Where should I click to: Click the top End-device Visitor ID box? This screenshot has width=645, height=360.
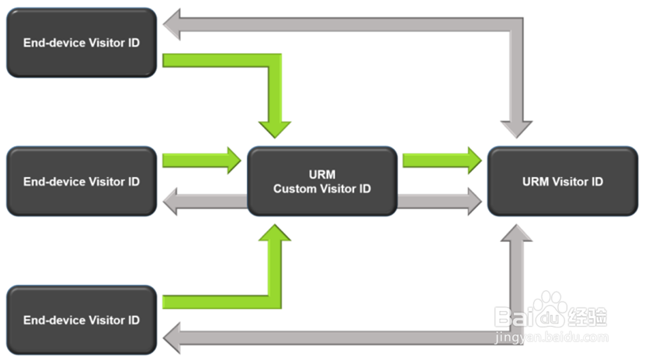pyautogui.click(x=81, y=43)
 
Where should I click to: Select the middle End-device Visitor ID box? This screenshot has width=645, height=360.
pyautogui.click(x=81, y=182)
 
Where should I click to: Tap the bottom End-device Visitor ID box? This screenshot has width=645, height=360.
pyautogui.click(x=81, y=320)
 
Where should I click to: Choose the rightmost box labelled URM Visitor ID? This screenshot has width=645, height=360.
pyautogui.click(x=562, y=182)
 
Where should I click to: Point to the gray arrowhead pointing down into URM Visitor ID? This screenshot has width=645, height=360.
pyautogui.click(x=517, y=128)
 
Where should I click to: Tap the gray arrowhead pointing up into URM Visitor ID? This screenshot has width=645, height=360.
pyautogui.click(x=517, y=235)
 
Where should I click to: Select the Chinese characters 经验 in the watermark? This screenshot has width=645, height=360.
pyautogui.click(x=588, y=317)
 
